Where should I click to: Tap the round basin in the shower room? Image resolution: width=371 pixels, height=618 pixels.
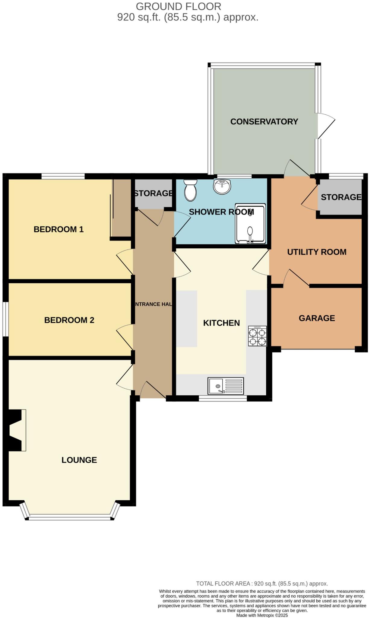pyautogui.click(x=222, y=186)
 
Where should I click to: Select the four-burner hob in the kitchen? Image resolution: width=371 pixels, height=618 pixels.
pyautogui.click(x=257, y=336)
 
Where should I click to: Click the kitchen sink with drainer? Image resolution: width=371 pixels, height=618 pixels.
pyautogui.click(x=226, y=386)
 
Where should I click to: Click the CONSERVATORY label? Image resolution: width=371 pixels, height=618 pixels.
pyautogui.click(x=264, y=122)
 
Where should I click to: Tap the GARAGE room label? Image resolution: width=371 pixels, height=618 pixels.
pyautogui.click(x=317, y=318)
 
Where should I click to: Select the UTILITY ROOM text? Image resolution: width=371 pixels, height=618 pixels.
pyautogui.click(x=317, y=252)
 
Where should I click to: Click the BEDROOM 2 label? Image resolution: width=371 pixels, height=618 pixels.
pyautogui.click(x=69, y=320)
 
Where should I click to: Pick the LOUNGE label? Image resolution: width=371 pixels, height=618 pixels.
pyautogui.click(x=79, y=460)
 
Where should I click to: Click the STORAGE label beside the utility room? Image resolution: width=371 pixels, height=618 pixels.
pyautogui.click(x=341, y=197)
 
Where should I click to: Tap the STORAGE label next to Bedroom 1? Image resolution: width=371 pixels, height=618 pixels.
pyautogui.click(x=153, y=193)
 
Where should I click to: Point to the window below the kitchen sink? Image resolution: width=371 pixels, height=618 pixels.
pyautogui.click(x=223, y=399)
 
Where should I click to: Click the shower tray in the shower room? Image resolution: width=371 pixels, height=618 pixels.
pyautogui.click(x=250, y=224)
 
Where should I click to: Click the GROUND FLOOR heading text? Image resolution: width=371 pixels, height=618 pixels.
pyautogui.click(x=178, y=6)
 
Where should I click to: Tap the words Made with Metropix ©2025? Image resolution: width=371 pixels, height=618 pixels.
pyautogui.click(x=262, y=615)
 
